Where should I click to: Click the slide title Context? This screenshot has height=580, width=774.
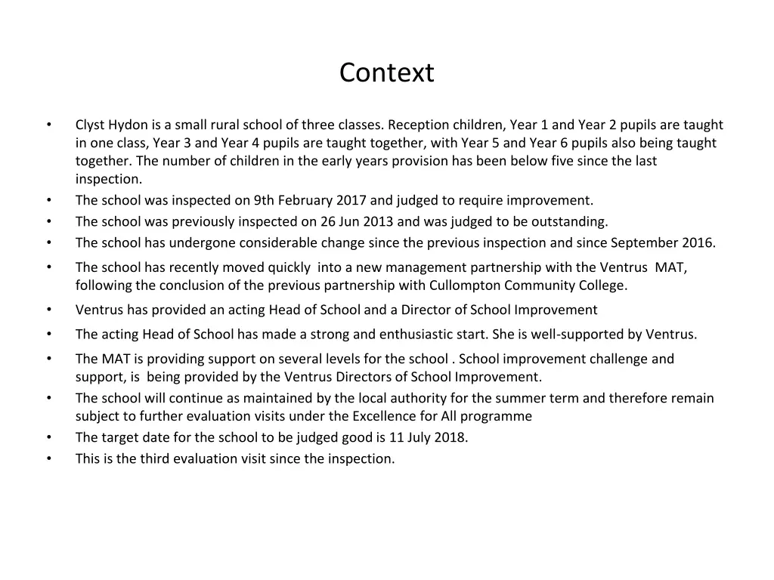386,73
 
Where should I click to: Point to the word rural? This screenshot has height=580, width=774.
224,125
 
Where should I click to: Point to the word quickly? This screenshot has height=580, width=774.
286,267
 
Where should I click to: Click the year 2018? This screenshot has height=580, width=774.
450,437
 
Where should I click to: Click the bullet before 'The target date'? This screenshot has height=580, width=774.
48,437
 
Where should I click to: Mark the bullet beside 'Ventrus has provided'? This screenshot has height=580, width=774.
48,310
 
